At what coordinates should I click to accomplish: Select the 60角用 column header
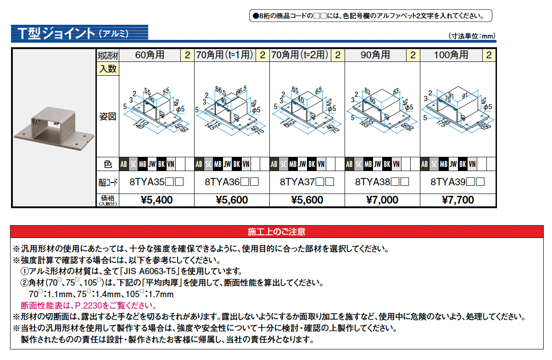(150, 55)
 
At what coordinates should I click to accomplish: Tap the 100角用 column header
(451, 55)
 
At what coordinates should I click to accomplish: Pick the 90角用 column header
(375, 55)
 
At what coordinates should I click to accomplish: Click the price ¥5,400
(156, 200)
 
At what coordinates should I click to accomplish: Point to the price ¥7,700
(458, 200)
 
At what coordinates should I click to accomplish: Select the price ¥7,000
(382, 200)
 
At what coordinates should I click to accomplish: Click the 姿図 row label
(108, 116)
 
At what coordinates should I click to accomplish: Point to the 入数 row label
(108, 69)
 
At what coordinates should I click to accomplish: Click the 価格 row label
(108, 200)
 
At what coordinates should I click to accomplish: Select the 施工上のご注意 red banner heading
(276, 232)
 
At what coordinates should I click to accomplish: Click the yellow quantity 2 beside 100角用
(489, 55)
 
